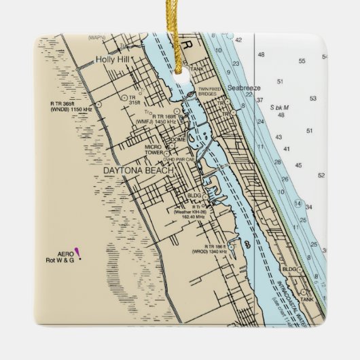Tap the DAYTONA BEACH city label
(139, 170)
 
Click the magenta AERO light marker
(78, 253)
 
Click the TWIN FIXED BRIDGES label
(211, 93)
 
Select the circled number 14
(298, 203)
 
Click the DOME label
(178, 139)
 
